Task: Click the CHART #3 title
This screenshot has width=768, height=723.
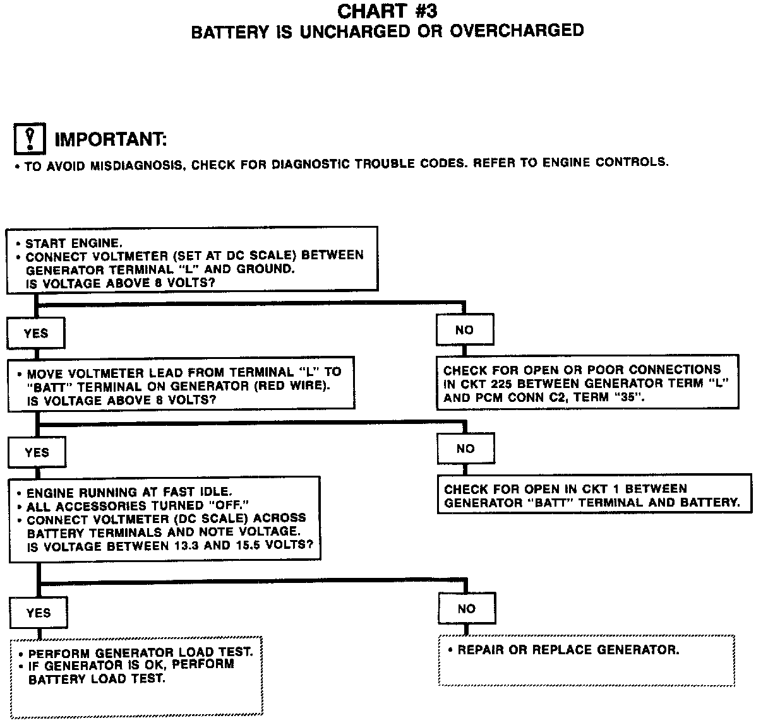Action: pos(387,11)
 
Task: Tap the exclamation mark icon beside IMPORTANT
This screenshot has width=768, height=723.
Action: pos(29,139)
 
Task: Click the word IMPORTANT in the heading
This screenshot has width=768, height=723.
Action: pos(111,139)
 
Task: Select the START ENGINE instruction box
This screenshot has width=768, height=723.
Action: pos(192,259)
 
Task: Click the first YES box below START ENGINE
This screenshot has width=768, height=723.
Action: pos(35,333)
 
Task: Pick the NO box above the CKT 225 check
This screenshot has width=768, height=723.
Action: pos(464,330)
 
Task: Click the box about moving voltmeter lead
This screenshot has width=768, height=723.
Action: pos(181,386)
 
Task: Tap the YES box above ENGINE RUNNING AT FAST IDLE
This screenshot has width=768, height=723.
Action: pos(37,452)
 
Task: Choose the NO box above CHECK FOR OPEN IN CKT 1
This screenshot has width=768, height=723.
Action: pos(465,449)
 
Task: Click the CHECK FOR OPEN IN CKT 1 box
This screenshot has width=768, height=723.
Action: pos(594,495)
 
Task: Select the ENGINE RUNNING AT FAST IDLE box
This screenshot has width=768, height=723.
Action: pos(164,519)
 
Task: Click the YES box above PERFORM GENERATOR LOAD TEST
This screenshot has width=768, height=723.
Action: pos(39,613)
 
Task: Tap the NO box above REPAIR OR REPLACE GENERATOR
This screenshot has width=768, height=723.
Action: pos(467,609)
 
